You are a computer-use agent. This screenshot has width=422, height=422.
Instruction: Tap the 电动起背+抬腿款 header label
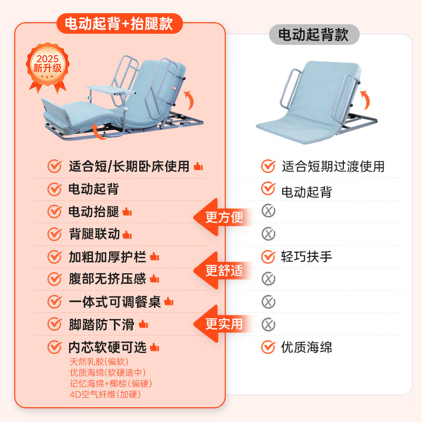(120, 23)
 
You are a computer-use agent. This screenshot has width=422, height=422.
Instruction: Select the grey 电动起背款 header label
(313, 35)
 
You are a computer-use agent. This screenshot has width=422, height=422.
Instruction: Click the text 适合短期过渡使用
(333, 167)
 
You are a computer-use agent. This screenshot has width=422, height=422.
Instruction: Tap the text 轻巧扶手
(306, 257)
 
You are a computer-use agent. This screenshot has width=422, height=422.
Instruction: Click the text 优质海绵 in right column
(306, 347)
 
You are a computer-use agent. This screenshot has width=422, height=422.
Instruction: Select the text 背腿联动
(94, 234)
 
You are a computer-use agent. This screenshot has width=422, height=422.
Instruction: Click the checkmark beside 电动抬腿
(54, 212)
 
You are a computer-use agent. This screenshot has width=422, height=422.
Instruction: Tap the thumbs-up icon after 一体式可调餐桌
(168, 302)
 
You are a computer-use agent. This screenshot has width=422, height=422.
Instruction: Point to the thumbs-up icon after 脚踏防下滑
(143, 324)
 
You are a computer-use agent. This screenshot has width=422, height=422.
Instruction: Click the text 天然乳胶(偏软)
(99, 362)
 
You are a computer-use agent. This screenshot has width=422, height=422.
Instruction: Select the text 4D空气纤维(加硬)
(105, 394)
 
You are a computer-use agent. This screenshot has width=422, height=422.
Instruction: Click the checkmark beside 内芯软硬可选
(54, 347)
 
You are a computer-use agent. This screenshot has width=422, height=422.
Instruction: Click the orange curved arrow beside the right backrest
(363, 98)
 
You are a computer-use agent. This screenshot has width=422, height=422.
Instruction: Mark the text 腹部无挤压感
(107, 279)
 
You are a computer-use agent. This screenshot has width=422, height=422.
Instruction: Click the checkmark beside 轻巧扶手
(268, 257)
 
